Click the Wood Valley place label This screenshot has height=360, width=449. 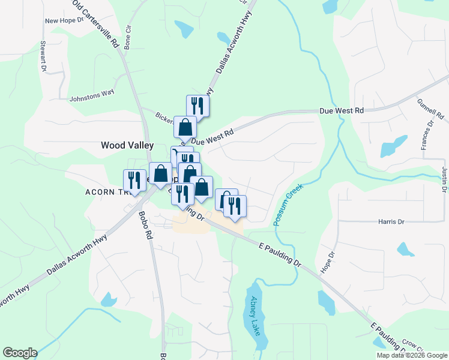[x=127, y=145]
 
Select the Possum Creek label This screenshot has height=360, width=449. [x=289, y=205]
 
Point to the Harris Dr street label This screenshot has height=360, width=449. [x=391, y=221]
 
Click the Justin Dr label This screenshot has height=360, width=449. [x=444, y=180]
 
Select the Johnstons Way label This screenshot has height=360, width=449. [x=92, y=95]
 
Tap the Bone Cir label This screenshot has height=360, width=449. [x=128, y=37]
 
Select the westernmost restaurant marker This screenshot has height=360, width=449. [x=134, y=180]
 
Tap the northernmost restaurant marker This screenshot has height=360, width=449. [x=197, y=106]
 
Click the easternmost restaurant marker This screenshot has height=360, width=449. [x=235, y=206]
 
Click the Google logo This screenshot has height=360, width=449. [x=20, y=353]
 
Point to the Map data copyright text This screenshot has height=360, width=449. [x=412, y=355]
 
